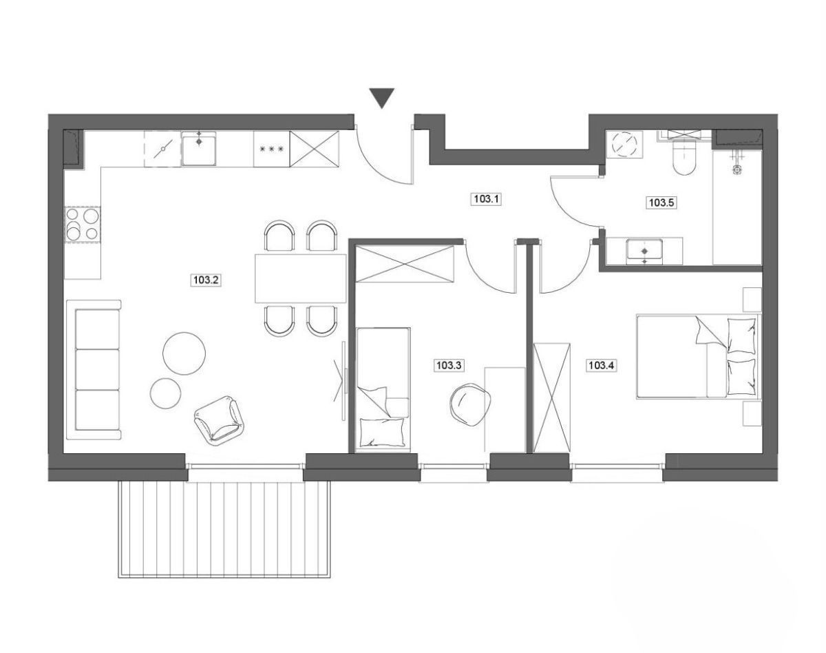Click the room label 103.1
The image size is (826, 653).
click(486, 199)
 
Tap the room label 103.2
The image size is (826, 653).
click(206, 280)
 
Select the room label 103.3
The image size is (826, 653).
click(449, 365)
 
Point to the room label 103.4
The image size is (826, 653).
click(602, 365)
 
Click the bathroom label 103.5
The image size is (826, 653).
click(661, 203)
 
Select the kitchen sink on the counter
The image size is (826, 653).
click(198, 148)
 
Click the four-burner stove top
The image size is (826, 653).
click(83, 225)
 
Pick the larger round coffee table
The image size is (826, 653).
click(184, 353)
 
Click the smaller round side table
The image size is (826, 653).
click(165, 393)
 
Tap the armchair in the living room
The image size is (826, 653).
click(219, 421)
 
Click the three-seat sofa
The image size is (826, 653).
click(94, 369)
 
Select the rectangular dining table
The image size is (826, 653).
click(301, 278)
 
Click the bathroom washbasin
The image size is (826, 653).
click(644, 251)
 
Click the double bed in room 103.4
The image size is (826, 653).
click(699, 356)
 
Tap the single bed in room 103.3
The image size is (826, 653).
click(383, 388)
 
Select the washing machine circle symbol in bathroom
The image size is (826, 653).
click(624, 145)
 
